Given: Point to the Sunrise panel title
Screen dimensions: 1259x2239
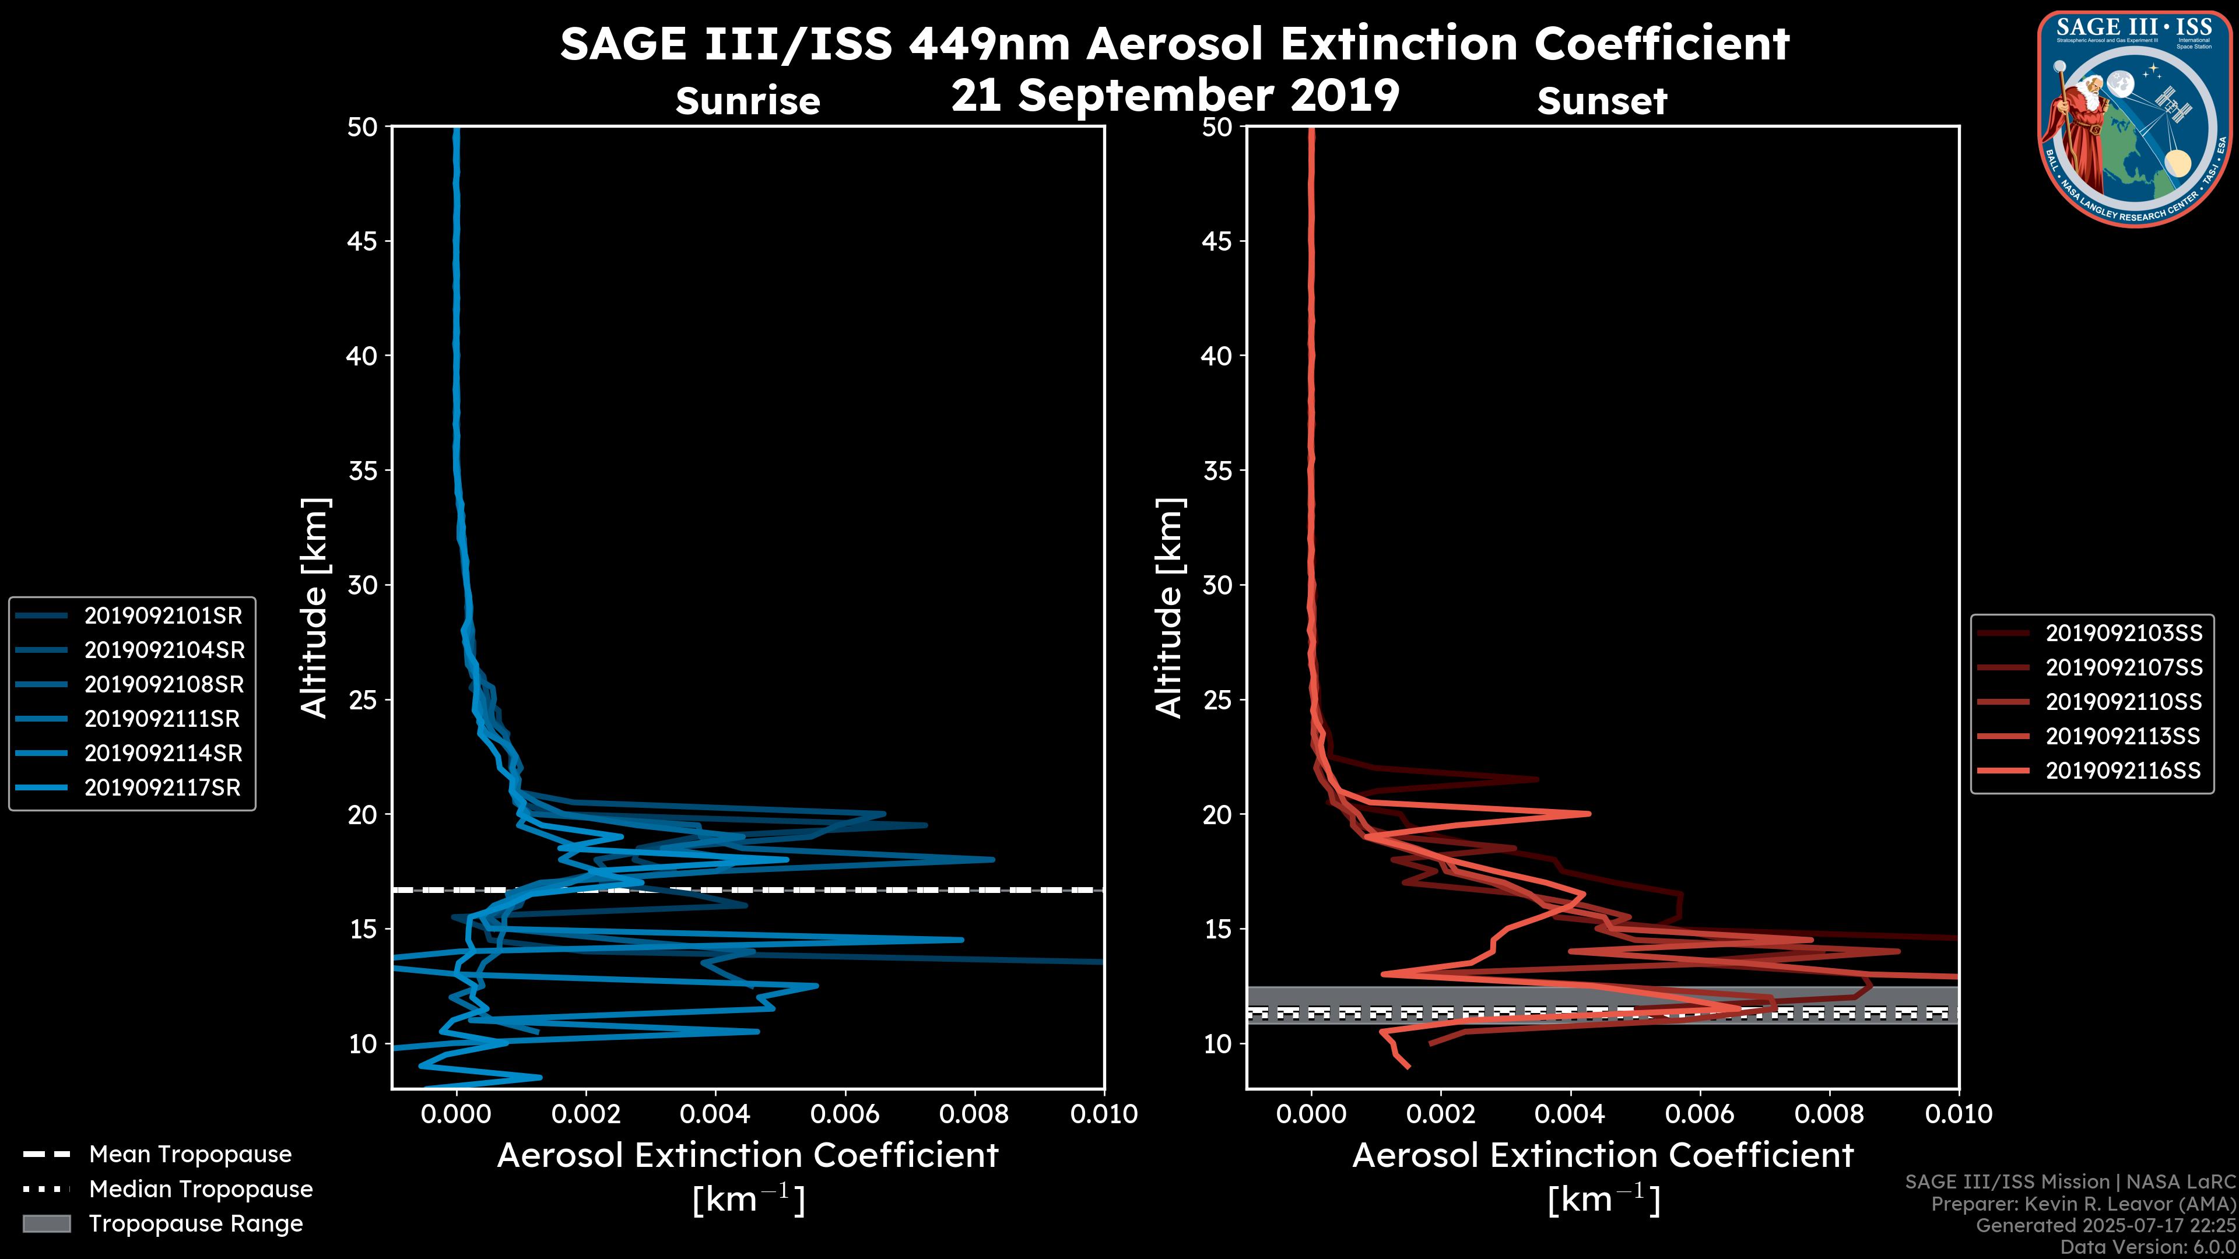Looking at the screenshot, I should click(747, 101).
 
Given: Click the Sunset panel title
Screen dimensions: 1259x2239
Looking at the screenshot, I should click(1602, 101).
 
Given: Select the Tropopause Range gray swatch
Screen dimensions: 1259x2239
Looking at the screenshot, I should click(46, 1224).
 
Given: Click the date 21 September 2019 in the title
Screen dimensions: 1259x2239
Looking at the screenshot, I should click(1175, 96).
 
